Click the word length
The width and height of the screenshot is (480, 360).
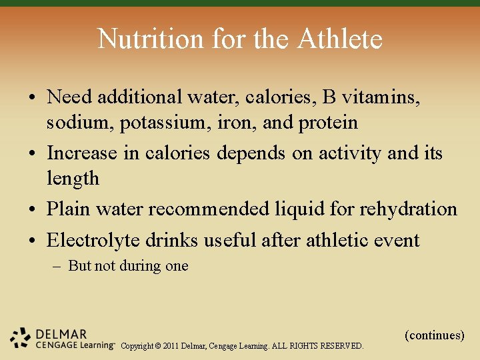[x=73, y=179]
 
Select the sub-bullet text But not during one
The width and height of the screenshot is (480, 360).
[x=128, y=266]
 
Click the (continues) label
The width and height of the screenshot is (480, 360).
[x=434, y=335]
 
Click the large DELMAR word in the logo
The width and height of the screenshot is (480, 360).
[x=61, y=333]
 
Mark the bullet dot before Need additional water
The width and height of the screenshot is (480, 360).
[x=33, y=97]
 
